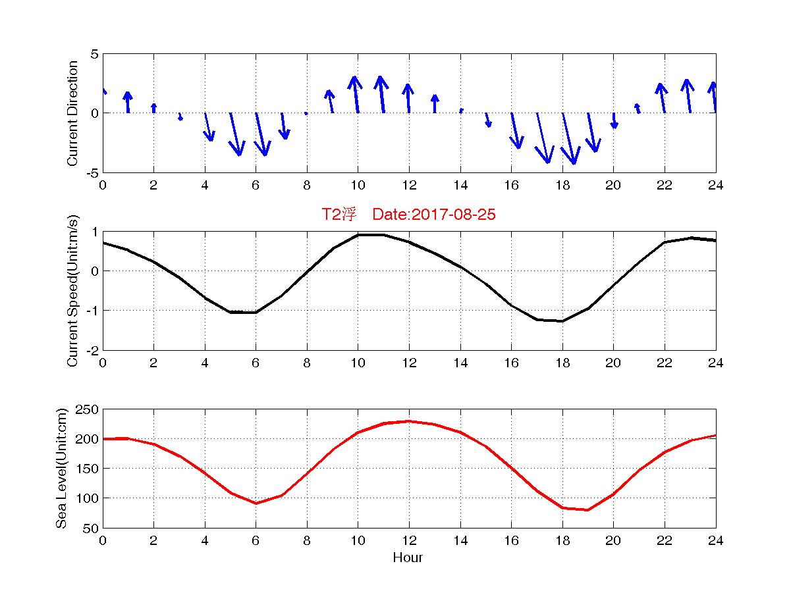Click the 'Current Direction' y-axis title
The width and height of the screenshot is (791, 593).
pos(73,113)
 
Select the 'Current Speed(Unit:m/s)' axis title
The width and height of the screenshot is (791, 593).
pos(73,291)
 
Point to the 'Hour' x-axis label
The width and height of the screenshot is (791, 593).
pos(408,557)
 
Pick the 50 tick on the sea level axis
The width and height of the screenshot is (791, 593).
pos(91,528)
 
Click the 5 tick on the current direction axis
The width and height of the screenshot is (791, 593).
pos(95,54)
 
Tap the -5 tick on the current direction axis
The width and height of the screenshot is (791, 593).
pos(93,172)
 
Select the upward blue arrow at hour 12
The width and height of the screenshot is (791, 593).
pos(408,98)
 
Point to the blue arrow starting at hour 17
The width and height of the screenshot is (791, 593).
pos(543,138)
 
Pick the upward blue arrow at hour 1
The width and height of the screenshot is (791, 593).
pos(128,102)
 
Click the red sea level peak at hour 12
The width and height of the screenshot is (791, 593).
pos(409,421)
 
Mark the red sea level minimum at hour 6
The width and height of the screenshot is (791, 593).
pos(256,503)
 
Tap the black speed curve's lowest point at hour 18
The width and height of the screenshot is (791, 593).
pos(562,321)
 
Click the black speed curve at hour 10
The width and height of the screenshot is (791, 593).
pos(358,235)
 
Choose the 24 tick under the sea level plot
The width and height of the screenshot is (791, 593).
pos(715,541)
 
